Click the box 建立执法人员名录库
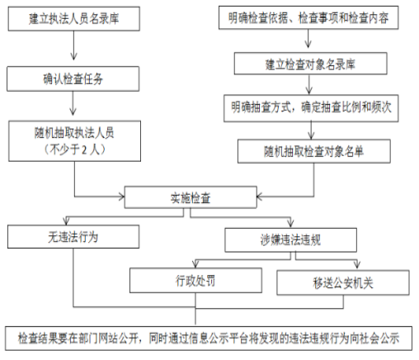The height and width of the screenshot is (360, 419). tap(74, 19)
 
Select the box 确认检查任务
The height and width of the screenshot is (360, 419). tap(73, 78)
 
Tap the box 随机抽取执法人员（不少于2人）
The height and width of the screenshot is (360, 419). tap(74, 141)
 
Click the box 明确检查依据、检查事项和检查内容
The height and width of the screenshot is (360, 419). tap(308, 17)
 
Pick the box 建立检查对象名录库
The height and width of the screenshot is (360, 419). tap(311, 64)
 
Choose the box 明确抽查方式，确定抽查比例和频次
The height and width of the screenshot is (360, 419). tap(311, 108)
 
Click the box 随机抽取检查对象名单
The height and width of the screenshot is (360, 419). tap(314, 151)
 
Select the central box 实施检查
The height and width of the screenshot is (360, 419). tap(191, 197)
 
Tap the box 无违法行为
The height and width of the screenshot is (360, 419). tap(73, 237)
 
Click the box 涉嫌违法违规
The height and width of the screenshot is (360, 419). tap(290, 239)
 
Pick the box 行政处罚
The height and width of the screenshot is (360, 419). tap(195, 281)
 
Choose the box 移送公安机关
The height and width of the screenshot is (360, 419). tap(343, 282)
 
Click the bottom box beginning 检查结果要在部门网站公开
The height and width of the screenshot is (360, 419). tap(209, 339)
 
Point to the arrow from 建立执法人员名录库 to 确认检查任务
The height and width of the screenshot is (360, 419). tap(73, 45)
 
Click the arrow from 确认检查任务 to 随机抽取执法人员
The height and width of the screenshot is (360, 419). tap(73, 103)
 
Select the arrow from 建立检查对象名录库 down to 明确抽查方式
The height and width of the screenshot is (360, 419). tap(309, 84)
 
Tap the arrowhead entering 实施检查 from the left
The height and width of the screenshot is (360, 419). tap(121, 197)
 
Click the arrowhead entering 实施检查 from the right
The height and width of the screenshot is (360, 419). tap(260, 197)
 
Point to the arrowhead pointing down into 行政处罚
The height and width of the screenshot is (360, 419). tap(195, 264)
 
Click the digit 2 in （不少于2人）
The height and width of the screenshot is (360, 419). tap(85, 150)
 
